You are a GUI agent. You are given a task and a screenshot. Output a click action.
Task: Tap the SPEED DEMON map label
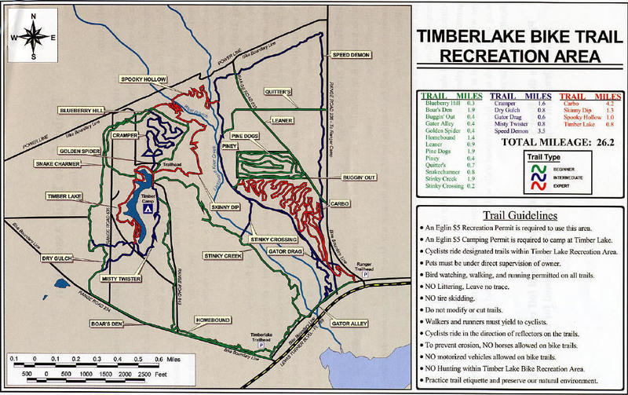point(351,55)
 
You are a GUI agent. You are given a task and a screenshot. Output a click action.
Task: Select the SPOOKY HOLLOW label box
point(144,79)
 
